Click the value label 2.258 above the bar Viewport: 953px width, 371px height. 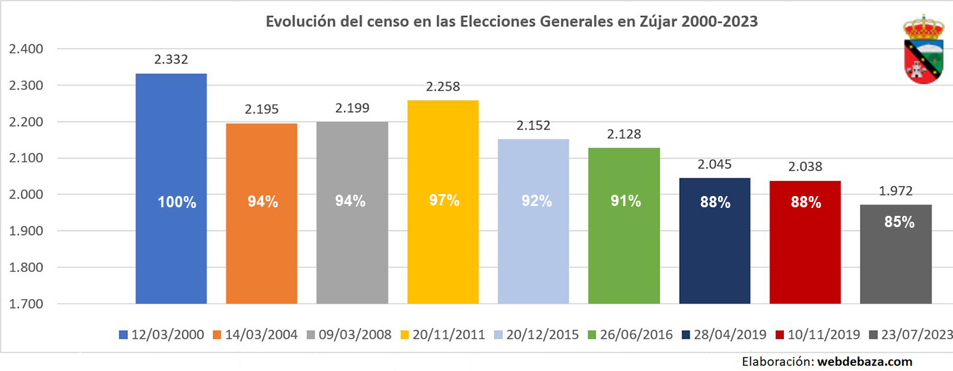pos(443,87)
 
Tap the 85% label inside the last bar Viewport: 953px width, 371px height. pos(899,222)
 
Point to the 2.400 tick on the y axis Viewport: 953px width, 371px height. pos(25,49)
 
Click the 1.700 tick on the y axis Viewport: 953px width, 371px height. pos(25,304)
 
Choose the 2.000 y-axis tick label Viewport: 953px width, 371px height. pos(25,195)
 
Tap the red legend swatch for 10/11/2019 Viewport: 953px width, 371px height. pos(776,335)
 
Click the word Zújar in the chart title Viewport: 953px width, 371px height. pos(653,22)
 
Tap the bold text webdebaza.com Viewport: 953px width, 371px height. pos(865,361)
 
